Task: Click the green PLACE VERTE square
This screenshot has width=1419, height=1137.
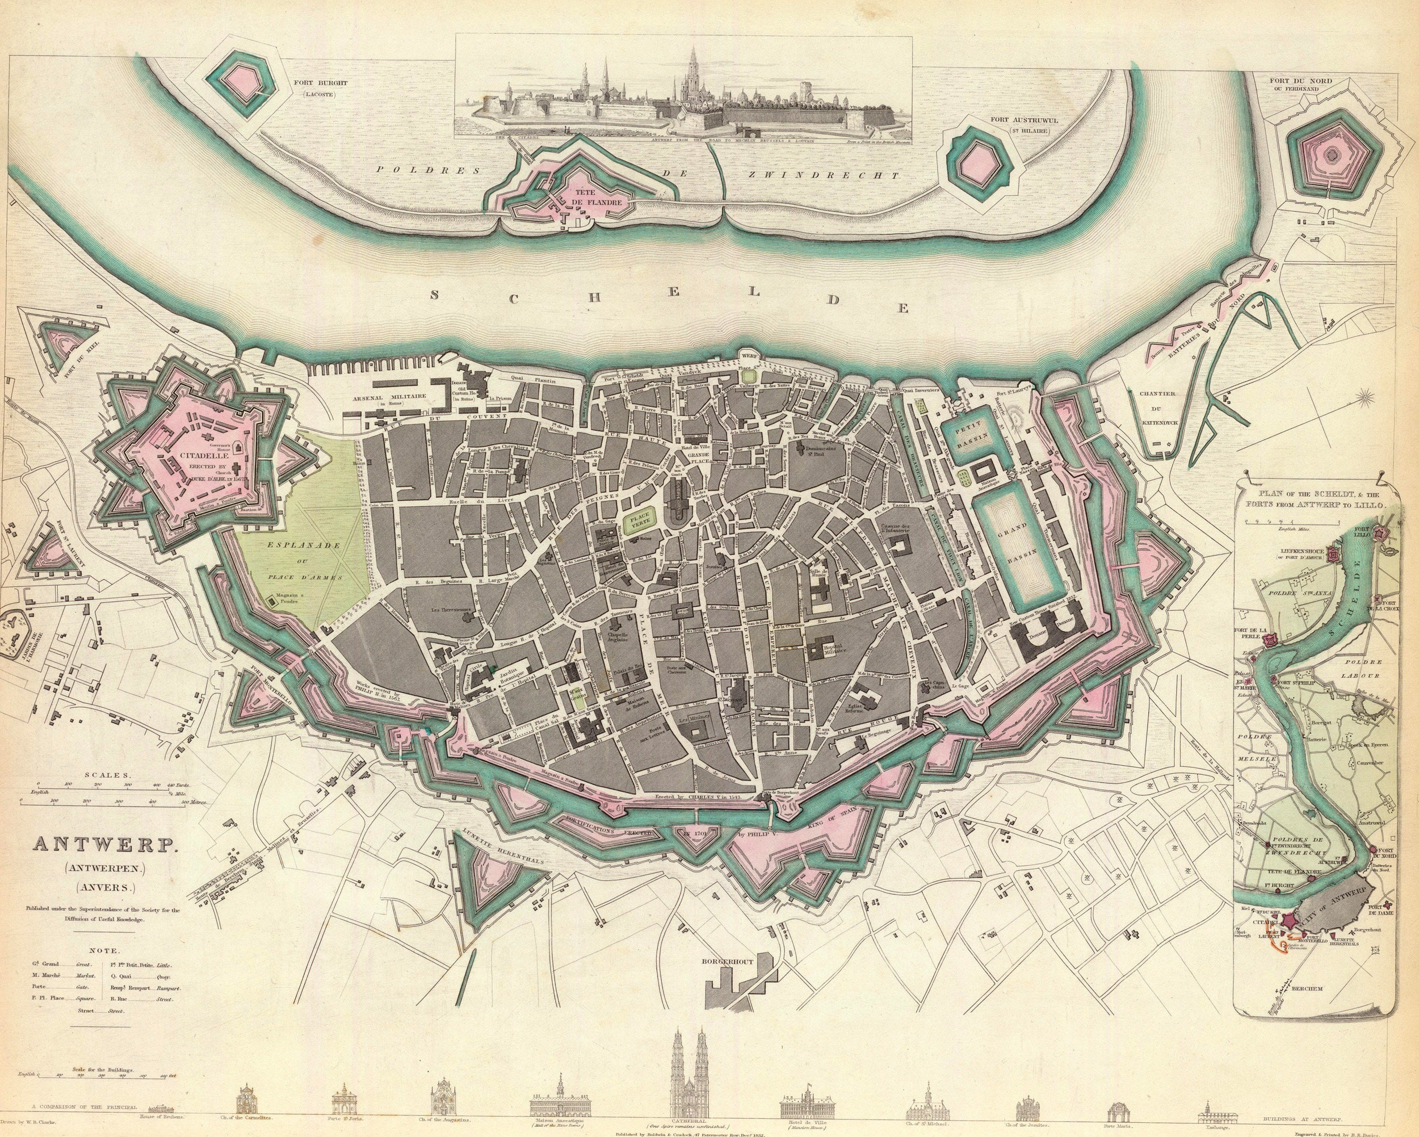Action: point(639,522)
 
